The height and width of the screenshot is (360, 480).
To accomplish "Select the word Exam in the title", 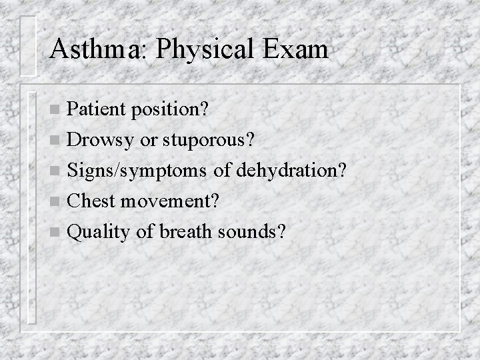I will pyautogui.click(x=296, y=49).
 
